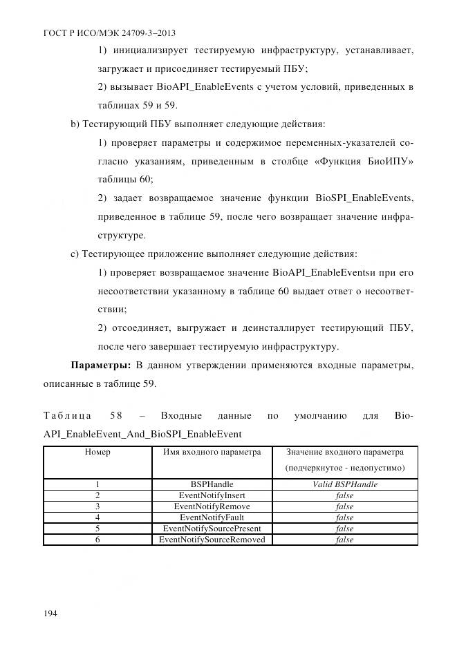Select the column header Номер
click(97, 453)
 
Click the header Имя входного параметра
click(212, 453)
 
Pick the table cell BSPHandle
click(212, 484)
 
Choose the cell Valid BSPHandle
click(344, 484)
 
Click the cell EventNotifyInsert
click(212, 495)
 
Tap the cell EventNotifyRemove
click(212, 506)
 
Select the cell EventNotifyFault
click(212, 517)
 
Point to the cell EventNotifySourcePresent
click(212, 529)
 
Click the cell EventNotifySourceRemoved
click(212, 540)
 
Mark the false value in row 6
click(344, 540)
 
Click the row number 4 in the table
click(97, 517)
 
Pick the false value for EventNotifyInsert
click(344, 495)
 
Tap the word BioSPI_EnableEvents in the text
click(364, 198)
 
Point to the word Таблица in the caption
click(67, 417)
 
